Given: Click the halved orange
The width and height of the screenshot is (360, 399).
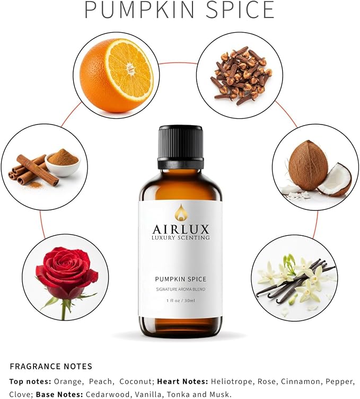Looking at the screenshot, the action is click(x=117, y=76).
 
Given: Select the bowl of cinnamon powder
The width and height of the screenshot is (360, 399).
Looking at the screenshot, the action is click(x=63, y=163).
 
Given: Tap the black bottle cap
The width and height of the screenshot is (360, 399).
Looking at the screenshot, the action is click(x=180, y=147).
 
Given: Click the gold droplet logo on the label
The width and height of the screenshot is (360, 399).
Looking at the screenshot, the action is click(x=180, y=212).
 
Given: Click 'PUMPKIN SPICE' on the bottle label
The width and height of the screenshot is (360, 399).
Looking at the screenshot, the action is click(x=181, y=279).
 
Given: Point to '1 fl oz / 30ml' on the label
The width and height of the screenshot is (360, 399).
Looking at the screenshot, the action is click(x=181, y=300).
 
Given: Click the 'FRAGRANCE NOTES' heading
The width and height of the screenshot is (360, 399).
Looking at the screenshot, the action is click(x=51, y=367).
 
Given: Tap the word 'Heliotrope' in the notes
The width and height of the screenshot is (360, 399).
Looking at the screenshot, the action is click(x=233, y=382).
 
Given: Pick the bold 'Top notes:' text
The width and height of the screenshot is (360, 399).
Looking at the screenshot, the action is click(x=30, y=382).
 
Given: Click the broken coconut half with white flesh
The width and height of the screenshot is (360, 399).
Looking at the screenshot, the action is click(x=335, y=180).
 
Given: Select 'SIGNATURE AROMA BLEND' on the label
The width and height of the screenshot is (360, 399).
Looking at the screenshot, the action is click(x=181, y=290).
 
